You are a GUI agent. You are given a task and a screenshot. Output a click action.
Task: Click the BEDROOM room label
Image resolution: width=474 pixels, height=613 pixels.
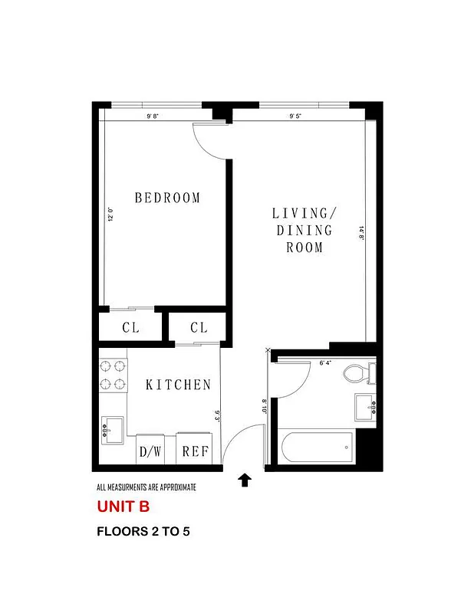click(x=167, y=198)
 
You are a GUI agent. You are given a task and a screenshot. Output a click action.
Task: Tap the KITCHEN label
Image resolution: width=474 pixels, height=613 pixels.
click(x=178, y=385)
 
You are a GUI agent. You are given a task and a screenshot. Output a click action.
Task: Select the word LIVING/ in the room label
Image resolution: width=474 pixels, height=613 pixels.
click(x=304, y=212)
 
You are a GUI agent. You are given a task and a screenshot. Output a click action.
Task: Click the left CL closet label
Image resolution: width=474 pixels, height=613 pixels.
click(x=130, y=328)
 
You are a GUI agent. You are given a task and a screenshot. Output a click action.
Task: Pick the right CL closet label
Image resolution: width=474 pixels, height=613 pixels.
click(x=199, y=328)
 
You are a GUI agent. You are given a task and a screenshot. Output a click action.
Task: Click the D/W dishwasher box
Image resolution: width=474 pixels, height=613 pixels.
click(x=150, y=451)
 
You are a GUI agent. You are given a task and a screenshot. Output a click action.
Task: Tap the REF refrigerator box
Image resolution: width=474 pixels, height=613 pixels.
click(x=196, y=451)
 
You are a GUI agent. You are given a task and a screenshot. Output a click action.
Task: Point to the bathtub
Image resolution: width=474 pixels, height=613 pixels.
click(x=315, y=446)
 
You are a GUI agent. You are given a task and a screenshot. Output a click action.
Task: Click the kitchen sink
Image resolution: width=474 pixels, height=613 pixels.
click(x=112, y=431)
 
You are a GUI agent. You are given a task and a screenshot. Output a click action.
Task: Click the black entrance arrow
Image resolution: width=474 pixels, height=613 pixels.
click(x=245, y=480)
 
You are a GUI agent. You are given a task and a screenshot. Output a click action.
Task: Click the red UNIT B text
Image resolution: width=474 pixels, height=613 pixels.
click(x=123, y=506)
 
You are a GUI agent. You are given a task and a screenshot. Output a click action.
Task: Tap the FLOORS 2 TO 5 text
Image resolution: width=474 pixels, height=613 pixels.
click(x=143, y=531)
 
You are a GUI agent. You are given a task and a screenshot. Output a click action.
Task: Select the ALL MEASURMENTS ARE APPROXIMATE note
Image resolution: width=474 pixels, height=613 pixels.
click(x=146, y=487)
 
